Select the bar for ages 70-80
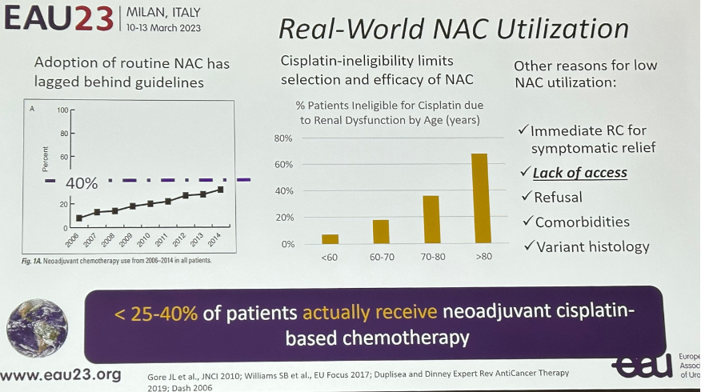point(431,219)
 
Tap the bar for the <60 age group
point(330,239)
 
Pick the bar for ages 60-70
point(381,231)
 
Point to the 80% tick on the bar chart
point(283,138)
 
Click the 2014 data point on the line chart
point(220,190)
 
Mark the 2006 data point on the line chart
point(79,218)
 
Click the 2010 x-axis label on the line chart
point(143,240)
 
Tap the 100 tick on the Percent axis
point(62,110)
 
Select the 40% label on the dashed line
point(82,183)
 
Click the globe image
point(38,329)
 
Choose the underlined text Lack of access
point(580,173)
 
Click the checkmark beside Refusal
point(527,196)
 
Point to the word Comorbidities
point(582,222)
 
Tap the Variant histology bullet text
point(593,246)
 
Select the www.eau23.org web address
point(61,374)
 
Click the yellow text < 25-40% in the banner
point(156,314)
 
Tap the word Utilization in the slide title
point(563,29)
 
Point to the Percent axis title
point(45,159)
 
